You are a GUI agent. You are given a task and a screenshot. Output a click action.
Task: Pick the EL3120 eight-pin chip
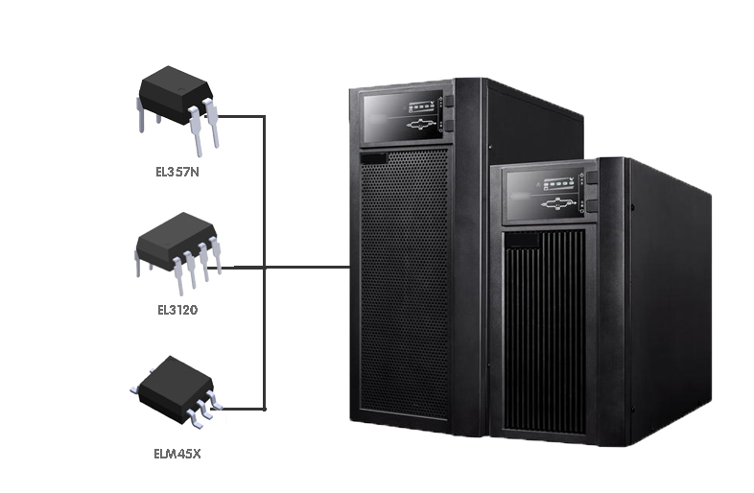tap(176, 241)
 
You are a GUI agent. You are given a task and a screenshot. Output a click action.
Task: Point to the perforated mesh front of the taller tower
tap(403, 288)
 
